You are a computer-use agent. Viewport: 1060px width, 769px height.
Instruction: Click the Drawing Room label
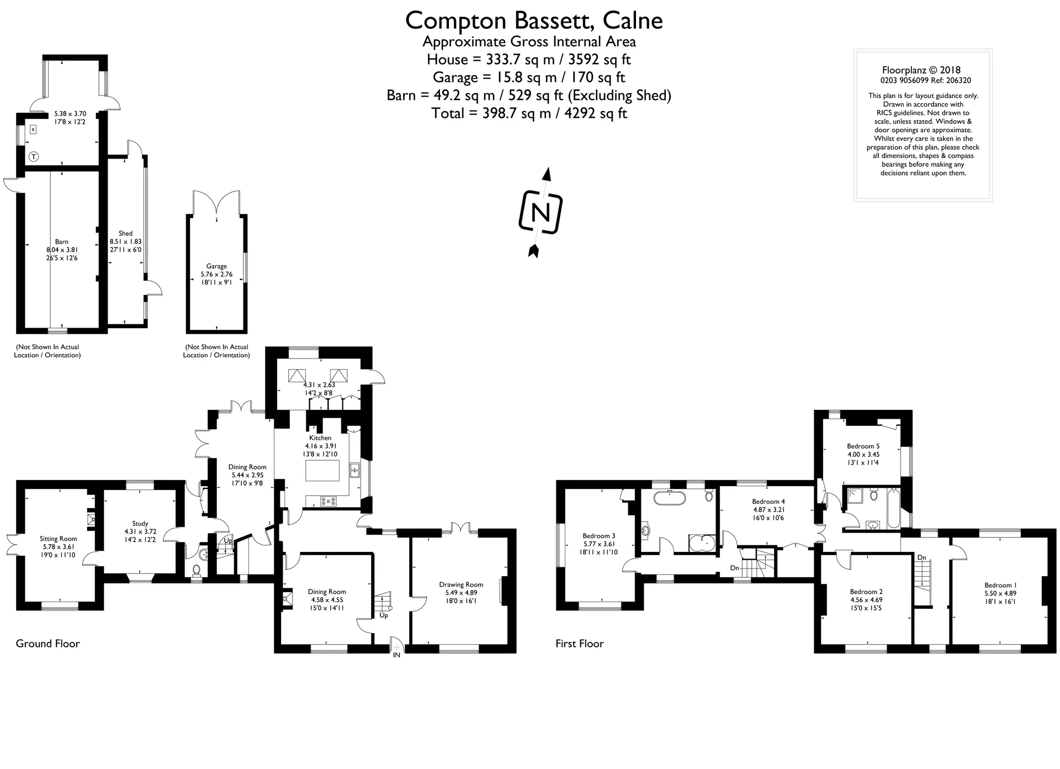click(x=461, y=584)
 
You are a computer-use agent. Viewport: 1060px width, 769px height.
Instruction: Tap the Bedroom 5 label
click(x=863, y=446)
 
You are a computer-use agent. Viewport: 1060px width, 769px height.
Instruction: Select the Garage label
click(x=216, y=266)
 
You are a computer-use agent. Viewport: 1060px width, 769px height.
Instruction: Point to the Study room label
click(x=140, y=524)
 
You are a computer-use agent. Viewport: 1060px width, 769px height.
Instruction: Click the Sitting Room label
click(x=58, y=539)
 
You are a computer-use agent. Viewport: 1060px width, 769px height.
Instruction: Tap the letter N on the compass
click(x=540, y=213)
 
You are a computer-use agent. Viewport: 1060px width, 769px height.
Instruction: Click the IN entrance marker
click(x=396, y=655)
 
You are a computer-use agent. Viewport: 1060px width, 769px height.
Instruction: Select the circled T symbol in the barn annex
click(x=34, y=157)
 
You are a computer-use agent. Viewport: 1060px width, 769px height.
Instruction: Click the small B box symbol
click(x=33, y=130)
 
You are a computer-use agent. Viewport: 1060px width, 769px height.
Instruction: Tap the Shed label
click(x=126, y=234)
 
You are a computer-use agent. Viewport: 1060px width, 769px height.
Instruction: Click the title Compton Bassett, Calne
click(x=534, y=20)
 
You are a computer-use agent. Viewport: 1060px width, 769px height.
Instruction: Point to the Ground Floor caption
click(x=47, y=644)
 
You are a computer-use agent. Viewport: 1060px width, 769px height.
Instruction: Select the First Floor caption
click(x=580, y=644)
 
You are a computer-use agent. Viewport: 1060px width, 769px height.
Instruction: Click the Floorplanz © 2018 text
click(x=921, y=70)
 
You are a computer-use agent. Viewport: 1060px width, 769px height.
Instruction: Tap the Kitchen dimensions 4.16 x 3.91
click(x=321, y=446)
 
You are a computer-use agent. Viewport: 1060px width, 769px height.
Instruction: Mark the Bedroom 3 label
click(x=599, y=536)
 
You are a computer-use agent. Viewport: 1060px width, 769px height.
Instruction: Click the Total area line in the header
click(x=529, y=113)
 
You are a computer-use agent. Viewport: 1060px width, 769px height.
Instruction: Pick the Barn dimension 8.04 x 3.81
click(x=62, y=250)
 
